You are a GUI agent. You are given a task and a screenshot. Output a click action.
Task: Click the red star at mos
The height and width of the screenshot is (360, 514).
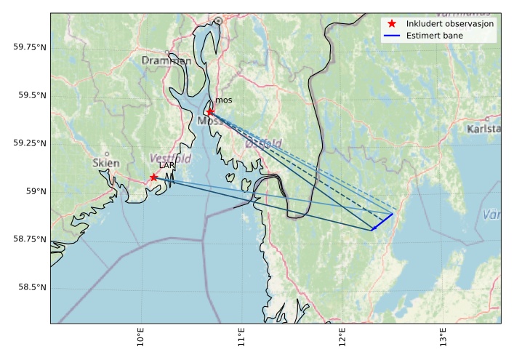[210, 112]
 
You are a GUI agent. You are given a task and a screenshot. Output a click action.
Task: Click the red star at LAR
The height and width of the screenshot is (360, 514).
[153, 177]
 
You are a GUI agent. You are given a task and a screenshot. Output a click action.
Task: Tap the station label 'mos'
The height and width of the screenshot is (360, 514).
[222, 101]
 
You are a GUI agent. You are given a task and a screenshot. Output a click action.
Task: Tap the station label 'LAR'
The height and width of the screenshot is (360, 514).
[166, 166]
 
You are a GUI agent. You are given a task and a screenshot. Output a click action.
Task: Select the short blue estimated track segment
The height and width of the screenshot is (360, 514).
[382, 222]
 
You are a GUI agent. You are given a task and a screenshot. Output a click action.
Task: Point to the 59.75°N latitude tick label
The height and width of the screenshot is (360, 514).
[30, 47]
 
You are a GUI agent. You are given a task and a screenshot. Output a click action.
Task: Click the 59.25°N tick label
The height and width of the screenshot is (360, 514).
[30, 143]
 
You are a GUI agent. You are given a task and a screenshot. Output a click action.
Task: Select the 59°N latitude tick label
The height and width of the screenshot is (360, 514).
[35, 191]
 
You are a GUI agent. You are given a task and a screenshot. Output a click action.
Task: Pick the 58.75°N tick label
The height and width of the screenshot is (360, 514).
[30, 239]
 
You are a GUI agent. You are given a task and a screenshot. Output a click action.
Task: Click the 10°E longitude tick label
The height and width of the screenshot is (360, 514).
[141, 338]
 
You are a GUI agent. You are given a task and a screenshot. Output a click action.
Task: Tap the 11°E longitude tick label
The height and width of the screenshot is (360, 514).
[242, 338]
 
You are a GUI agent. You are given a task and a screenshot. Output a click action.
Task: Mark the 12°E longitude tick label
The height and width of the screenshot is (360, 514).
[342, 338]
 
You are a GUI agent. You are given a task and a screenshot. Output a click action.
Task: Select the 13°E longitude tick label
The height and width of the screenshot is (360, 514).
[443, 338]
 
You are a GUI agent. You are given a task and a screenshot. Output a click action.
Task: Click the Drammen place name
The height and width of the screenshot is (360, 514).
[166, 60]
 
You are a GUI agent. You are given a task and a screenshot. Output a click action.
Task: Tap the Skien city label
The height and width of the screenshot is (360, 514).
[106, 163]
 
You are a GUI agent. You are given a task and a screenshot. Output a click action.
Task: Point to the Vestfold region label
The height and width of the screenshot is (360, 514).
[170, 158]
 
